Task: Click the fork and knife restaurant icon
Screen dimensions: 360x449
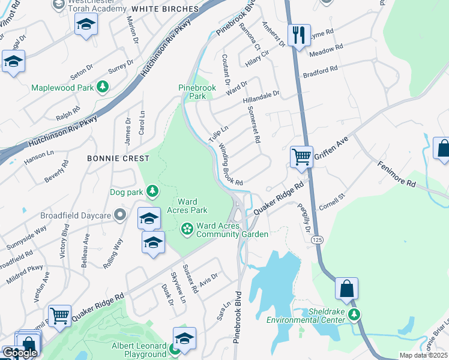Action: point(298,34)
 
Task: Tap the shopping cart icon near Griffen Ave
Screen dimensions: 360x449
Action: point(301,157)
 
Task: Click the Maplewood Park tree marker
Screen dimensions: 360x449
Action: point(103,88)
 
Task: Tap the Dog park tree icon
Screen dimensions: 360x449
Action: point(154,191)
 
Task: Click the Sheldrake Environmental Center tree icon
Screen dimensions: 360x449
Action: point(355,314)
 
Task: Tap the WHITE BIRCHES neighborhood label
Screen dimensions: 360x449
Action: point(164,9)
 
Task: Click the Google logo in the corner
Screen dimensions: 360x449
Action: point(19,353)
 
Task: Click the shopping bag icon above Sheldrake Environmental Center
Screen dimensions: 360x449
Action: point(348,289)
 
